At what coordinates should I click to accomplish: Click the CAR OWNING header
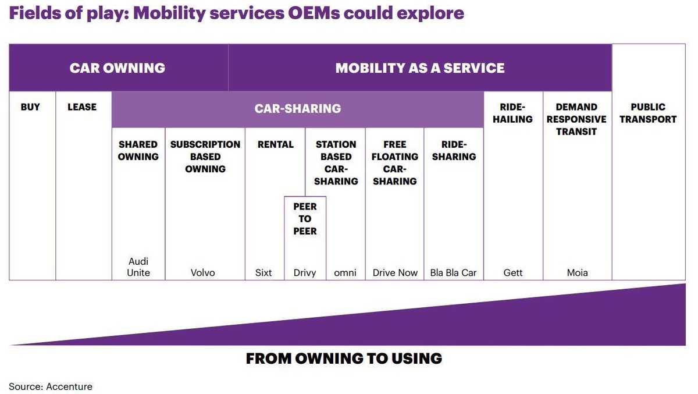point(117,68)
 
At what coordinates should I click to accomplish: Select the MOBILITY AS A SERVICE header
point(419,68)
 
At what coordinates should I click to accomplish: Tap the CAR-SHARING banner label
point(297,108)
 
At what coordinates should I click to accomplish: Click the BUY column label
point(30,107)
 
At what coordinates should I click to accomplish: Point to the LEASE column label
point(82,107)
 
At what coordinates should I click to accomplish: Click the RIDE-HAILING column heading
point(512,113)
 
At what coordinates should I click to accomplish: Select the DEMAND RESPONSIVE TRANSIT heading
point(576,119)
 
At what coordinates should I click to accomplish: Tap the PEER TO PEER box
point(305,219)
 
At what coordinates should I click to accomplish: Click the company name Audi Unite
point(138,267)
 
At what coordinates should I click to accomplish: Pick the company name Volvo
point(203,272)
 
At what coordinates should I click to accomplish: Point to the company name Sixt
point(263,272)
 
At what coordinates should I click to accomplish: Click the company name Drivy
point(305,272)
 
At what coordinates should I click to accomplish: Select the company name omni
point(346,272)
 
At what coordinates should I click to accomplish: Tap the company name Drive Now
point(395,272)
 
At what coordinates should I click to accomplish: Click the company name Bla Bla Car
point(453,272)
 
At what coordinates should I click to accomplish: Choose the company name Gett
point(512,272)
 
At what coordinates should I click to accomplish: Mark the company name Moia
point(577,272)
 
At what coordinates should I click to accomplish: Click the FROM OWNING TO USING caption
point(344,358)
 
